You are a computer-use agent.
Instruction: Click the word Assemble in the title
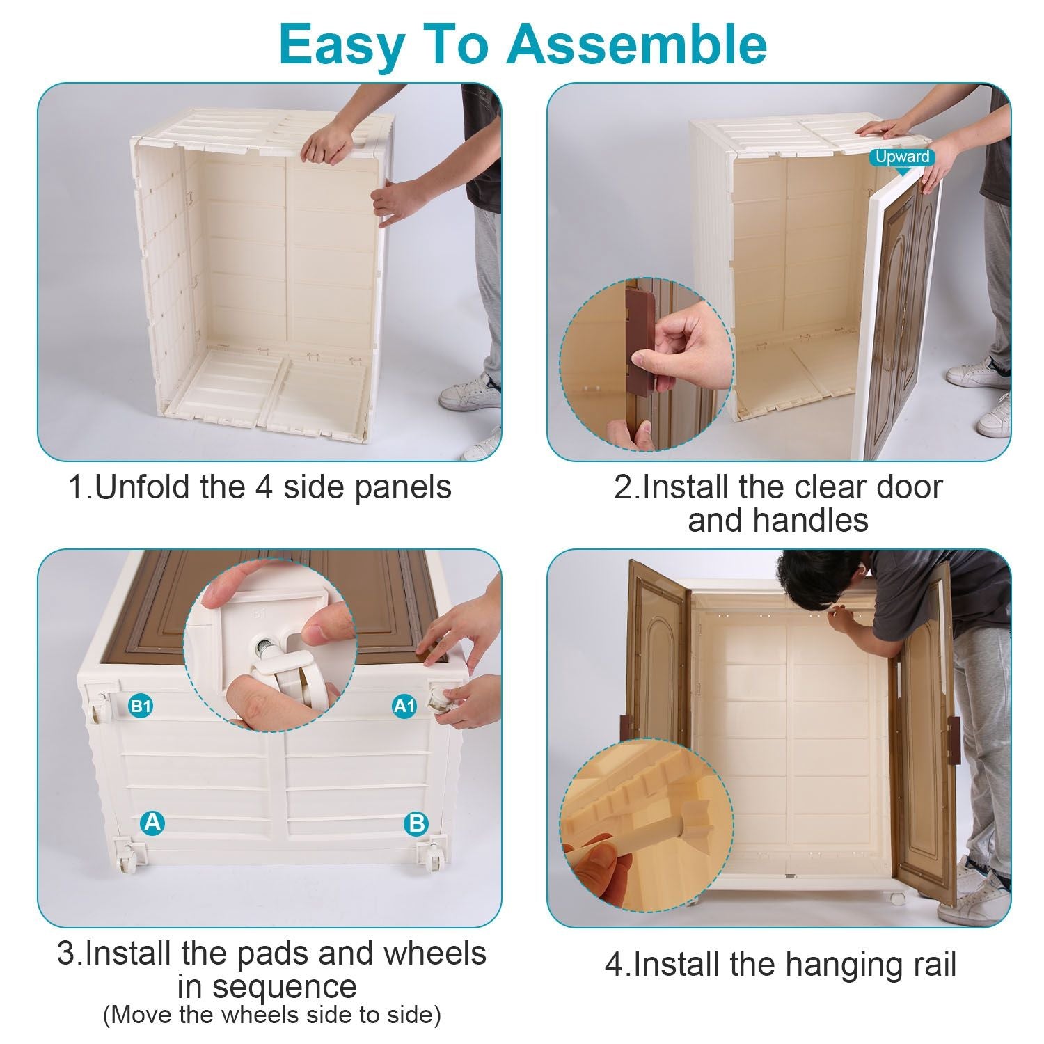(x=637, y=45)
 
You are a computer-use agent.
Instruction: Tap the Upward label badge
(x=903, y=157)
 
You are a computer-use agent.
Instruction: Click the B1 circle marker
(x=141, y=706)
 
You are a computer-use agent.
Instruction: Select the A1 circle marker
(x=404, y=706)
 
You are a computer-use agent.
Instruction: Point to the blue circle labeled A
(x=152, y=823)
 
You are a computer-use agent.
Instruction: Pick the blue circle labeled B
(x=416, y=823)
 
